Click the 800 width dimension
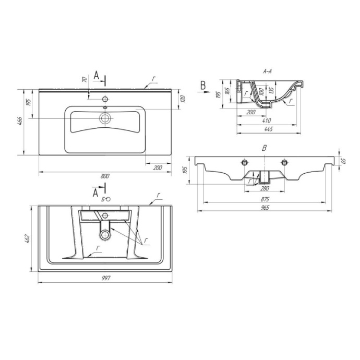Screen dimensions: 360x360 coord(105,175)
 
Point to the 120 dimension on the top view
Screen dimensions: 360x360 coord(183,99)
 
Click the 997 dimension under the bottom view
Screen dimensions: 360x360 coord(105,278)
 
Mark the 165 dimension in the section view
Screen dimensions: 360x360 coord(228,91)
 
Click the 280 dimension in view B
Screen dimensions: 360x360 coord(265,188)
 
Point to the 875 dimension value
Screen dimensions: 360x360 coord(265,200)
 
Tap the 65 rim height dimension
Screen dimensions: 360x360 coord(343,161)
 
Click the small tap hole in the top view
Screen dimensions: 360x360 coord(105,99)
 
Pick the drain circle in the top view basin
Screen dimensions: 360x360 coord(105,118)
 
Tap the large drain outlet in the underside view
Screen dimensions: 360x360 coord(106,234)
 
